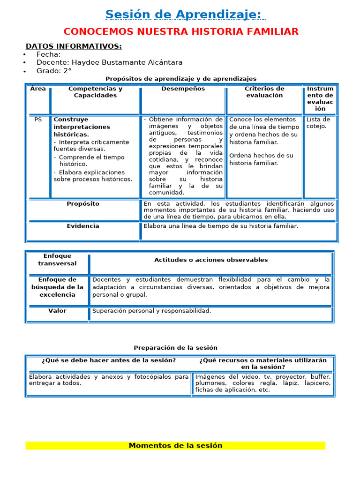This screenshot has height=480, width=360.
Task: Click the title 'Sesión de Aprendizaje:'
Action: coord(183,15)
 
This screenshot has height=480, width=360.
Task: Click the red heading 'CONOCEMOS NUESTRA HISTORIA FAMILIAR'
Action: coord(181,32)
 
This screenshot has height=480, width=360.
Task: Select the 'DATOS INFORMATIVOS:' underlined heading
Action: coord(74,46)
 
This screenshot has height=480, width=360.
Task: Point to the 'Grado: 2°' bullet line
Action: coord(54,71)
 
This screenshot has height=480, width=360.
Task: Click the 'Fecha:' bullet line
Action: coord(48,54)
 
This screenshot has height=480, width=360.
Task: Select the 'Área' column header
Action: coord(38,89)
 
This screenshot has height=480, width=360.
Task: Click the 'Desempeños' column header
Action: coord(183,89)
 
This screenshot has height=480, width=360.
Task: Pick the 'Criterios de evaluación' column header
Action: coord(264,92)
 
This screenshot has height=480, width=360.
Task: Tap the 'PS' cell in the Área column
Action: coord(38,120)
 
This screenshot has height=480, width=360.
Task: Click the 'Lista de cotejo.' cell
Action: coord(318,123)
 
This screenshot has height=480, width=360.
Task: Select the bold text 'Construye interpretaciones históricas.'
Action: coord(82,127)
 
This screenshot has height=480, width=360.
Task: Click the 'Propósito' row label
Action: coord(83,204)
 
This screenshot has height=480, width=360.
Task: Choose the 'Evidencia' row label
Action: coord(83,226)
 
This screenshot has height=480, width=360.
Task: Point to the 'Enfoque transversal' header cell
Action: coord(57,260)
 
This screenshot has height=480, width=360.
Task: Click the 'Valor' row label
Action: coord(57,311)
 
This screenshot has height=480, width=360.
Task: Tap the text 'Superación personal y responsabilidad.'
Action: coord(152,311)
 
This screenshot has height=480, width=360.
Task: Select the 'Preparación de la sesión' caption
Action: coord(176,348)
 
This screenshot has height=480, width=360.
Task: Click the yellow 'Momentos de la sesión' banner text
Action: coord(175,446)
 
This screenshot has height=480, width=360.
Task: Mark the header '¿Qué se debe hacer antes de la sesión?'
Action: coord(109,360)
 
